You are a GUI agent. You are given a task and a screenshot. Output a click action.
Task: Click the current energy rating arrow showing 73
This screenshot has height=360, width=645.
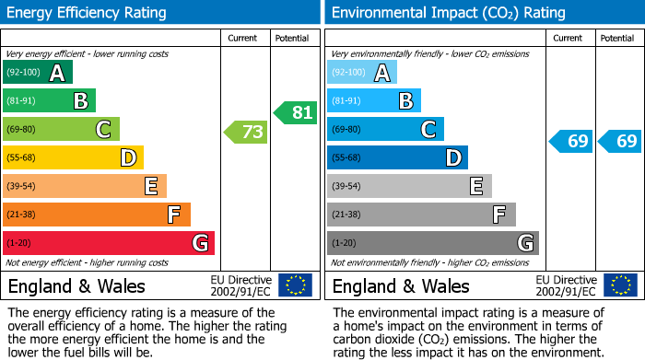tap(246, 132)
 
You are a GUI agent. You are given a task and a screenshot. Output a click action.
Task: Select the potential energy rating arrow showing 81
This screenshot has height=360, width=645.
tap(295, 112)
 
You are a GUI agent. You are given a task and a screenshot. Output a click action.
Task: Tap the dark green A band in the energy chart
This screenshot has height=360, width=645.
tap(38, 73)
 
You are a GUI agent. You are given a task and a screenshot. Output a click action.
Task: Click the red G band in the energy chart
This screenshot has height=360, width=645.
tap(109, 243)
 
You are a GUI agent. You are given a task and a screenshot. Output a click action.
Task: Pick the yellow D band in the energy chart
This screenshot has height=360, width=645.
tap(73, 157)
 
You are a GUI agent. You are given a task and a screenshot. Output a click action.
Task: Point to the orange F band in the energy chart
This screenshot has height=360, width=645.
tap(97, 215)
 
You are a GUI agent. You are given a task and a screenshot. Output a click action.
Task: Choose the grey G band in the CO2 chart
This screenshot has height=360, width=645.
tap(432, 243)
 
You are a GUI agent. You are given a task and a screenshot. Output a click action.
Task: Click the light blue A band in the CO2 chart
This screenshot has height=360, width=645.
tap(362, 73)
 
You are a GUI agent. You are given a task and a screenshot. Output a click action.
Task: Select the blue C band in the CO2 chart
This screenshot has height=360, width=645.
tap(385, 129)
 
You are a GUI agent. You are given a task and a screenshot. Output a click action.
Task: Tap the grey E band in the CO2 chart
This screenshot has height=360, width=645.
tap(409, 186)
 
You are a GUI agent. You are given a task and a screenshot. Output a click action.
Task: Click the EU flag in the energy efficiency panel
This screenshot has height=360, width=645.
tap(295, 285)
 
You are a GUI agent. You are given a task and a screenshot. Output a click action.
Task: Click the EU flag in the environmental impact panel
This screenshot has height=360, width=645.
tap(619, 285)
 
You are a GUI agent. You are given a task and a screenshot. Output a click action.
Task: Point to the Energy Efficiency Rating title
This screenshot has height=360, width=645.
tap(88, 13)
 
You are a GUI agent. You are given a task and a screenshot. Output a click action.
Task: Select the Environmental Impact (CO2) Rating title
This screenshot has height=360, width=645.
tap(447, 13)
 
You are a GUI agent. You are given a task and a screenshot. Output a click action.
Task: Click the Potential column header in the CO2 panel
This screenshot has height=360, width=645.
tap(617, 38)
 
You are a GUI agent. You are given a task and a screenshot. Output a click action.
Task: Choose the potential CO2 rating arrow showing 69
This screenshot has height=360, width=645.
tap(619, 141)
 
